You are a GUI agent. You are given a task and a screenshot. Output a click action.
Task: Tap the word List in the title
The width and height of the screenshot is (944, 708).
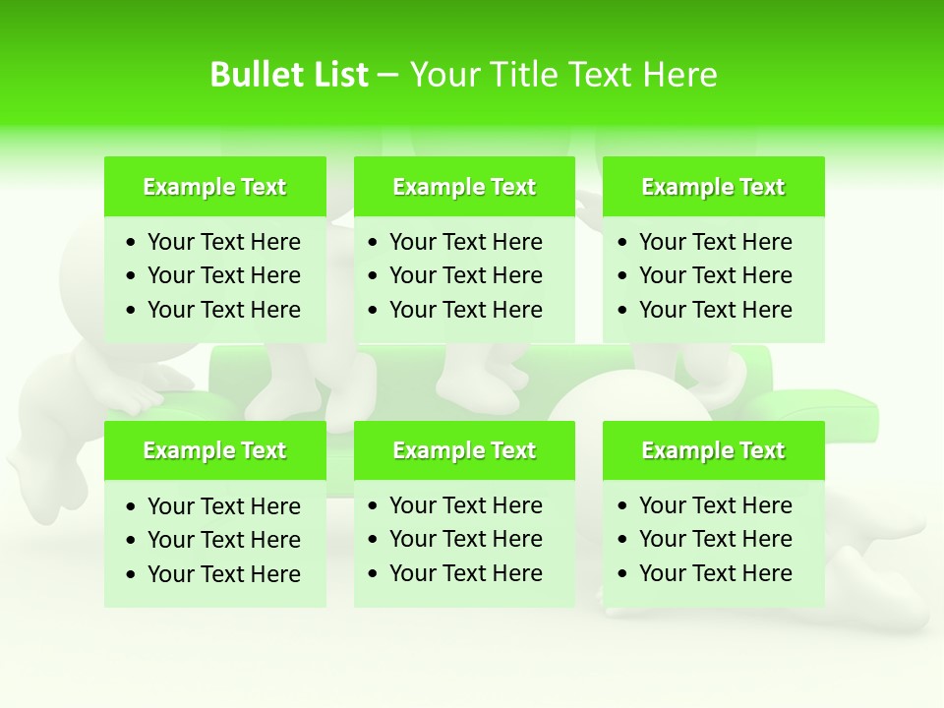pos(339,75)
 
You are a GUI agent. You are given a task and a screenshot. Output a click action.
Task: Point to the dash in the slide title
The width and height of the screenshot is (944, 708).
pos(387,76)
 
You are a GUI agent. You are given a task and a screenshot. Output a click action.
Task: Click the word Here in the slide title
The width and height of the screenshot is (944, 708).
pos(679,75)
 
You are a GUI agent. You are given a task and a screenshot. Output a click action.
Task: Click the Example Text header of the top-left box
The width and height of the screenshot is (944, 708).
pos(214,187)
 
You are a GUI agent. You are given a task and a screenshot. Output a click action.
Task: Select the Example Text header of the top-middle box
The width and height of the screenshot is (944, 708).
pos(464,187)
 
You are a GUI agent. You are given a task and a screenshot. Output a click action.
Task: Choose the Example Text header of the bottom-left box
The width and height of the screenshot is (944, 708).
pos(214,450)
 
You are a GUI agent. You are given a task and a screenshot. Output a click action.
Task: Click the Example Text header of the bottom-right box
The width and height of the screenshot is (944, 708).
pos(713,450)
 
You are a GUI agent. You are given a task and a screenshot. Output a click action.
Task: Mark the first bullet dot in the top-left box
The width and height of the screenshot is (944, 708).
pos(132,243)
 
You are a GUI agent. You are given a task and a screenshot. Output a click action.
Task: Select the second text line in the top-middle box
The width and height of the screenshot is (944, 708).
pos(465,275)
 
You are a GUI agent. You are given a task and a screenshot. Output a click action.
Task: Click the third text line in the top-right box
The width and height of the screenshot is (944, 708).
pos(715,310)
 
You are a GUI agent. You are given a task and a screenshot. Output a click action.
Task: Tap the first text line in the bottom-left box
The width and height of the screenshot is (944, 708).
pos(223,506)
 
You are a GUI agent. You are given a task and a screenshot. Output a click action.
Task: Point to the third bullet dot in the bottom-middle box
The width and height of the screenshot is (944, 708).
pos(374,573)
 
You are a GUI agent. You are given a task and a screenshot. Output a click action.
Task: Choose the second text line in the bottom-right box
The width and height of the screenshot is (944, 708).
pos(715,539)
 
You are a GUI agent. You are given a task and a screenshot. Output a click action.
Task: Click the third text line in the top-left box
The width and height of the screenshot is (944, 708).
pos(223,310)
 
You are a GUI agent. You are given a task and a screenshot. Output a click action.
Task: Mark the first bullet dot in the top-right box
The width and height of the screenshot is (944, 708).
pos(623,243)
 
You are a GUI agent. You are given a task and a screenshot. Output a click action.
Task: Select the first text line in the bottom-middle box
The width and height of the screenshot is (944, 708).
pos(465,505)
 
